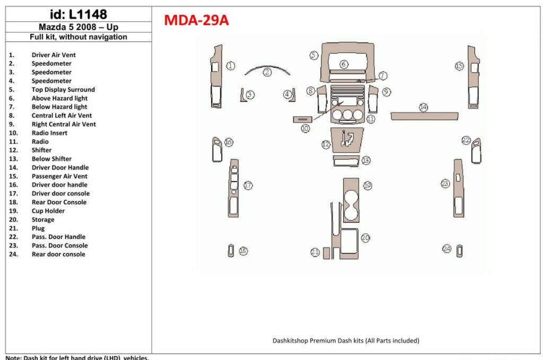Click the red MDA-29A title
point(196,20)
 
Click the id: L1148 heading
point(78,14)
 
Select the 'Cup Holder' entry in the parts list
point(48,210)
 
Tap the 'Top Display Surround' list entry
point(63,90)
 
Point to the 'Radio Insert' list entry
point(49,133)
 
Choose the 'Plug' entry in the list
point(38,228)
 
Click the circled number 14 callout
point(423,107)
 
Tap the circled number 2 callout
point(268,72)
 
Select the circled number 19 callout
point(367,186)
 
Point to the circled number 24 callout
point(447,249)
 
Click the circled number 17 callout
point(248,185)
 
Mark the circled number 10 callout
point(305,128)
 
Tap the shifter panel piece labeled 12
point(347,138)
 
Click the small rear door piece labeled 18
point(231,251)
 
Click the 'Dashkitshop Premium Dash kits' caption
point(345,341)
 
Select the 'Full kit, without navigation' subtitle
point(78,37)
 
